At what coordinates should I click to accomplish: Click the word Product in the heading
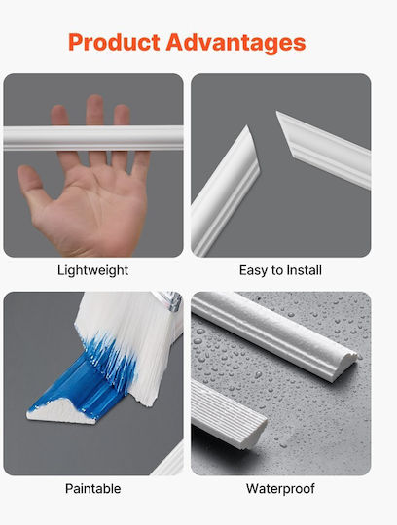(114, 43)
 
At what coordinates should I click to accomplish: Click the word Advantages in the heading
(235, 43)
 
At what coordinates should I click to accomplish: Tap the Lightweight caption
(92, 270)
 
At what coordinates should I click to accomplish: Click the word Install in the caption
(305, 270)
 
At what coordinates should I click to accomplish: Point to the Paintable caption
(92, 488)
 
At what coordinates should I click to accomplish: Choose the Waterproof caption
(280, 489)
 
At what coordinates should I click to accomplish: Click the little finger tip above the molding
(59, 112)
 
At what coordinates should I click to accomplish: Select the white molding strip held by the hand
(93, 138)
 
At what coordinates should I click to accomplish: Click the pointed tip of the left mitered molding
(247, 126)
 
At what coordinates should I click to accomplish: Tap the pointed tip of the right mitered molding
(277, 113)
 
